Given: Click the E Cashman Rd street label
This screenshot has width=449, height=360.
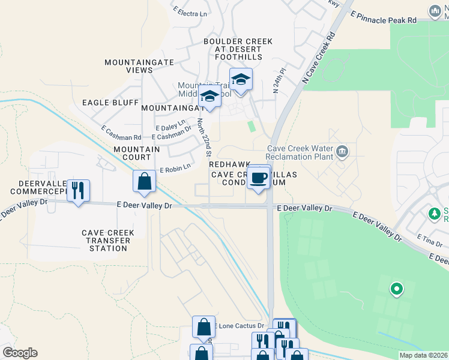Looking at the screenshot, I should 121,133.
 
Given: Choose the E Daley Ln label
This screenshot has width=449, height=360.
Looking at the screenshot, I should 170,128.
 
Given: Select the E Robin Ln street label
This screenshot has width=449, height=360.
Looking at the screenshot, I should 175,167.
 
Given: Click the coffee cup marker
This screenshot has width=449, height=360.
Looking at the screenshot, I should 259,178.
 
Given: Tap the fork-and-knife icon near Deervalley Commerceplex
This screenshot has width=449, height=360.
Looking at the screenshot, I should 78,190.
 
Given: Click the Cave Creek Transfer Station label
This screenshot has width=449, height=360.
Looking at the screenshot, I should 109,241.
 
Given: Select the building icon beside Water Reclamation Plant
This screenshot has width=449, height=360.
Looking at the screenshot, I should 342,151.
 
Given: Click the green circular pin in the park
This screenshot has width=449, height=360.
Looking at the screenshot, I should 396,290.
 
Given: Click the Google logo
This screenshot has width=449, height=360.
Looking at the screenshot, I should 20,353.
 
